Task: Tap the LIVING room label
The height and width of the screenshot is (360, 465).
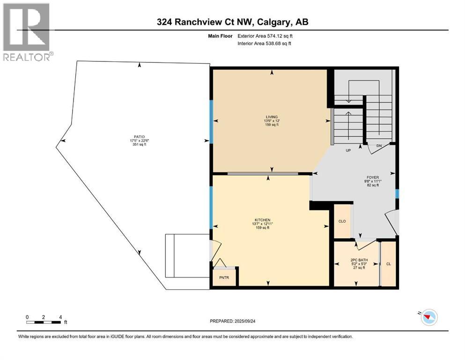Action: (x=272, y=117)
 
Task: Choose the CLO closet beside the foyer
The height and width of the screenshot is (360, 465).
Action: (x=342, y=221)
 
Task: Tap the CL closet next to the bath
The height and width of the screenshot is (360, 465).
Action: (x=388, y=264)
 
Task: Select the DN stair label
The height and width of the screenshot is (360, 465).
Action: (x=380, y=146)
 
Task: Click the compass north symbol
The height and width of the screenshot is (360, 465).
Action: (x=428, y=318)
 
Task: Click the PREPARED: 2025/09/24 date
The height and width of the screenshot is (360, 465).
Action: (x=232, y=321)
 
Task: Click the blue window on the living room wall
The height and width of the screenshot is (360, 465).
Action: (x=211, y=121)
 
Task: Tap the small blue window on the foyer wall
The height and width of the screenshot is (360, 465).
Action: (x=397, y=193)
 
